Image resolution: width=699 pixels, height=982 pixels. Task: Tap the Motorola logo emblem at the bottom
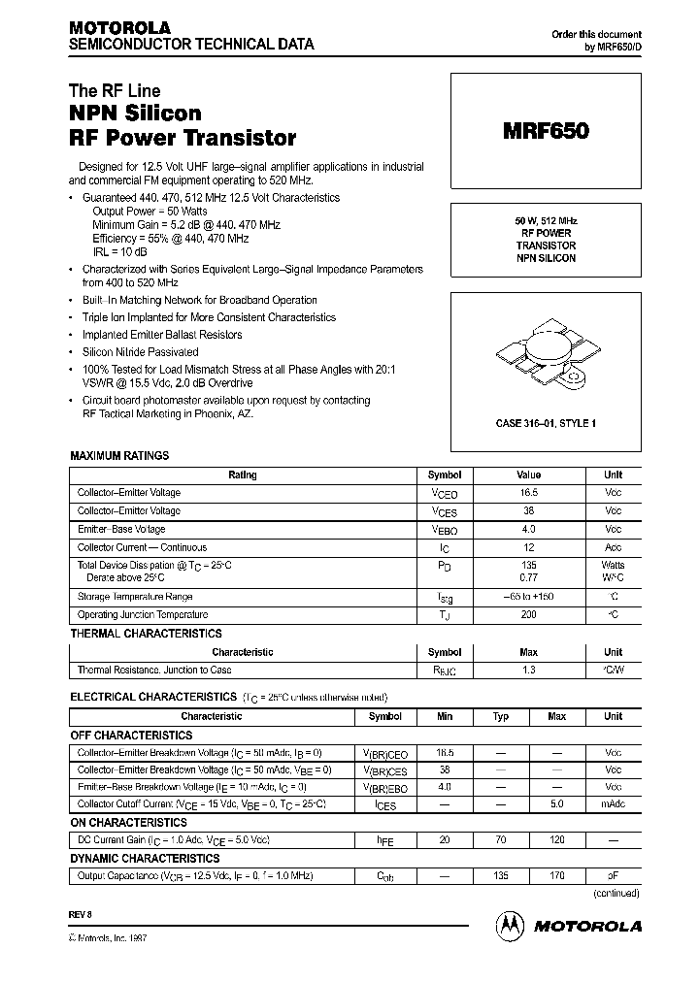point(510,925)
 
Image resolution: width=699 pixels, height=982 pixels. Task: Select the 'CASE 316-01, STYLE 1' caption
point(545,423)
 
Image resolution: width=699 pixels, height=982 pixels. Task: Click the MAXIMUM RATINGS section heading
point(119,455)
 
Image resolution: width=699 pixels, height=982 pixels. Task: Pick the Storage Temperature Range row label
point(134,597)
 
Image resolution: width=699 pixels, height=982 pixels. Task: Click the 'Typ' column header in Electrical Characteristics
point(501,716)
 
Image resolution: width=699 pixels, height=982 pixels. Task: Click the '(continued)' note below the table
point(616,894)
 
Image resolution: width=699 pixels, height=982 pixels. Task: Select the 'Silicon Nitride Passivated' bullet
point(140,352)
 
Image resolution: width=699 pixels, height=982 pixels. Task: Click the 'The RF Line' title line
point(115,91)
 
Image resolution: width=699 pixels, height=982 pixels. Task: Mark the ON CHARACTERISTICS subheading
point(128,823)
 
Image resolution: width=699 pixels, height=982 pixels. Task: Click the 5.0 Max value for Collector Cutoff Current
point(557,804)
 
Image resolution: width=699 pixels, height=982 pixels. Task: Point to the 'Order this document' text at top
point(596,34)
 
